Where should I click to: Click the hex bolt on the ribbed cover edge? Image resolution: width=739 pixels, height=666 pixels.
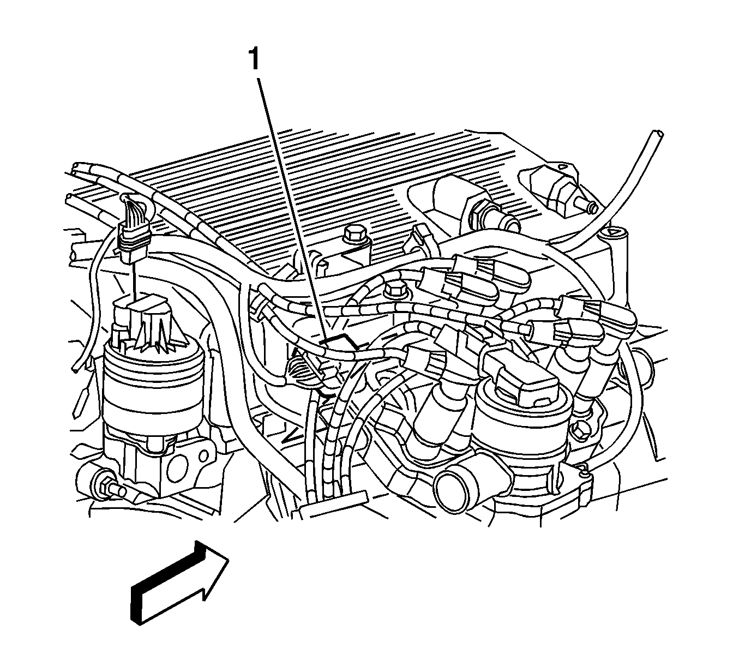tap(354, 235)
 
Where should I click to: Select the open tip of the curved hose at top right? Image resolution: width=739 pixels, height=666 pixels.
tap(658, 134)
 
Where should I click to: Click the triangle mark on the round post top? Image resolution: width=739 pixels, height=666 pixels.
tap(613, 232)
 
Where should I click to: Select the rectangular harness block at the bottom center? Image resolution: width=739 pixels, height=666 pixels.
tap(333, 505)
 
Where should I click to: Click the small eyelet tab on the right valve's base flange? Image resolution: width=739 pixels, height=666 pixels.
tap(584, 469)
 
